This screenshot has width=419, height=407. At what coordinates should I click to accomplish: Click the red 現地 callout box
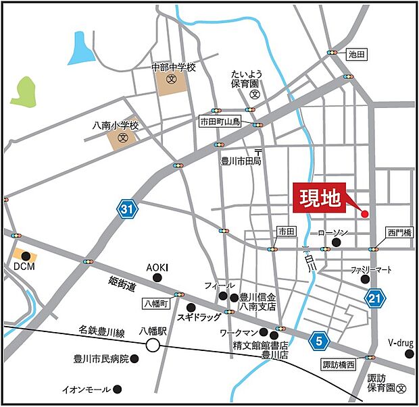(319, 198)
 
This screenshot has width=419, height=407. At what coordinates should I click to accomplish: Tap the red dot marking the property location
(364, 214)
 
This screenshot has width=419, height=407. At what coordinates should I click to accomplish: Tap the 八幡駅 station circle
(153, 346)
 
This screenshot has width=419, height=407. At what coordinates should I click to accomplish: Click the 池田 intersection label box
(355, 53)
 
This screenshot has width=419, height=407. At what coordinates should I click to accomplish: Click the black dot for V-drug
(409, 353)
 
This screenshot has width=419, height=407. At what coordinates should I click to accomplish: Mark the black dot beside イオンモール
(118, 389)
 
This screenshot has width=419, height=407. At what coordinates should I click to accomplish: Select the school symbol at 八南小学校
(122, 138)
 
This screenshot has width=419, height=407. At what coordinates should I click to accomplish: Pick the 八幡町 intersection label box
(157, 304)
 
